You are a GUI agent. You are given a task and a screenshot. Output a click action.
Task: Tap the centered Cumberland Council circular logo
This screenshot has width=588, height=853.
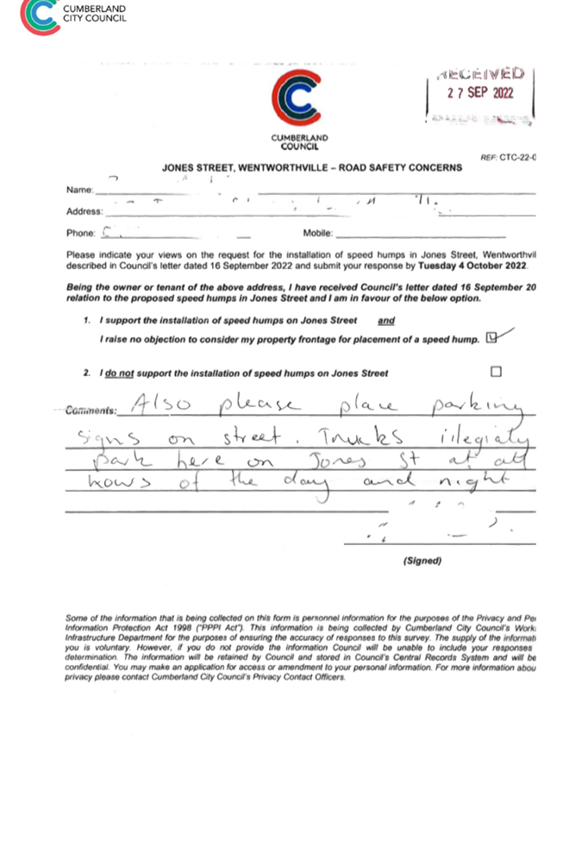coord(298,99)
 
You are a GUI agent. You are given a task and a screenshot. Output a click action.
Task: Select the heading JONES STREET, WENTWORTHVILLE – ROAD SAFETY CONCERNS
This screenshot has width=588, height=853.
coord(311,166)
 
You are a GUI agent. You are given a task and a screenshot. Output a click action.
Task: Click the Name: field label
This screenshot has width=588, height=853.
coord(79,189)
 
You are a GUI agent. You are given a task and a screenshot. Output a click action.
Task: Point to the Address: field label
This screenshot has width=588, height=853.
coord(84,210)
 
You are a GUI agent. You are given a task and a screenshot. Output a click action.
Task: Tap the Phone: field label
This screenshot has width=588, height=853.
coord(81,233)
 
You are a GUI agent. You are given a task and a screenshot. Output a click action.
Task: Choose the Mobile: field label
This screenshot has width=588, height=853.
coord(317,233)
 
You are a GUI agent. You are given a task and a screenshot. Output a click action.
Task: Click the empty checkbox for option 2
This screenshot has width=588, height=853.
coord(496,371)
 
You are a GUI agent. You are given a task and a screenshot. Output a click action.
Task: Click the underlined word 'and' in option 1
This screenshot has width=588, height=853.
coord(386,320)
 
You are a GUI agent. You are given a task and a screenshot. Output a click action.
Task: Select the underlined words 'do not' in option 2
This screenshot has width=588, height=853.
coord(119,373)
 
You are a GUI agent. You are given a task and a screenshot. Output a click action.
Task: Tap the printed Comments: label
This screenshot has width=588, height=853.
coord(91,411)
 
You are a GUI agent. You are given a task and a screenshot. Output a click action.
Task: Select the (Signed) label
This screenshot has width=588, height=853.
coord(422,561)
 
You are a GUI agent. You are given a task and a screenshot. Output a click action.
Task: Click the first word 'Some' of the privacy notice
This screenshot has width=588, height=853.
coord(76,618)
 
